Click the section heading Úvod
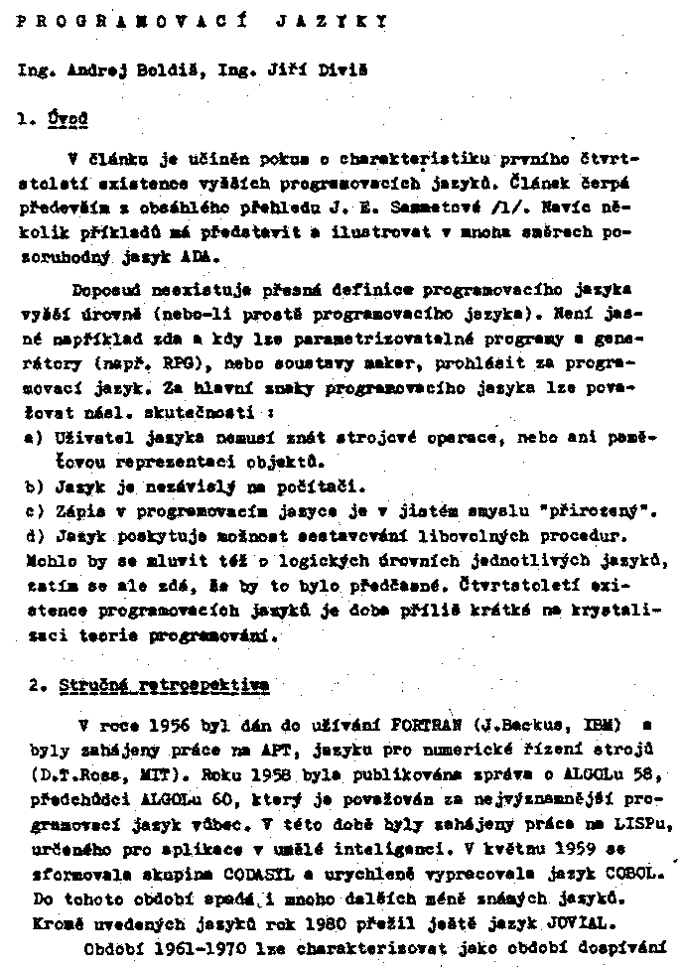[68, 119]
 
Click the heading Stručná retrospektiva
[163, 684]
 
